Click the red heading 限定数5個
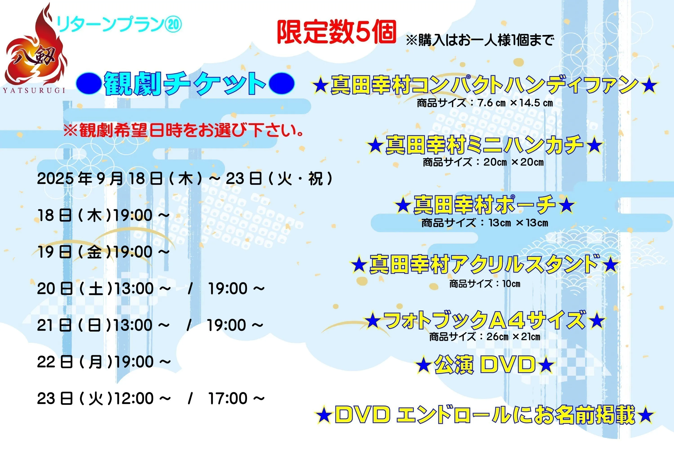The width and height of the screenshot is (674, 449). [x=336, y=32]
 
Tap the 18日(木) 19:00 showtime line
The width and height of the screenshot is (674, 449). [x=103, y=215]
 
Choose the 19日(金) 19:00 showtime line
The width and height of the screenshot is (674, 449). [x=103, y=252]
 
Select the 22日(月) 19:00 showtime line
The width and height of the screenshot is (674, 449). [x=104, y=362]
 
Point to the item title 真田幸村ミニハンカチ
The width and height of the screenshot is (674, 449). [x=484, y=145]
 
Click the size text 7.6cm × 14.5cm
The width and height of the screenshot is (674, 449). [x=515, y=103]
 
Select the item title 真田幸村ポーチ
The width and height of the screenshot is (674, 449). [x=485, y=205]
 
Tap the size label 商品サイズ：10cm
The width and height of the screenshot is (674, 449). [x=485, y=284]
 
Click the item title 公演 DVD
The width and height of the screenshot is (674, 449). [x=485, y=365]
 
